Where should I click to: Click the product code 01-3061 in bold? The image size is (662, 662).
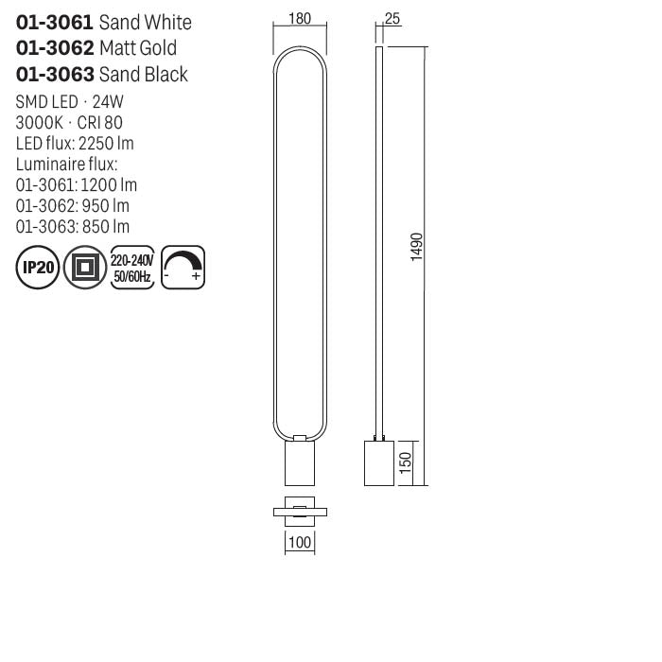click(55, 22)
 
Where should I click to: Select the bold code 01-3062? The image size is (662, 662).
click(55, 48)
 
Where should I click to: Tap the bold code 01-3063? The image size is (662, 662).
click(55, 75)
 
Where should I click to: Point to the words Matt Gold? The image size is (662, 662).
click(138, 48)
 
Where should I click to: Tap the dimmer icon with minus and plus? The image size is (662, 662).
click(183, 268)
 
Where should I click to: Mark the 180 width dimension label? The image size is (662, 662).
click(300, 18)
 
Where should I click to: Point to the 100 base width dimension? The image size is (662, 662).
click(300, 544)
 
